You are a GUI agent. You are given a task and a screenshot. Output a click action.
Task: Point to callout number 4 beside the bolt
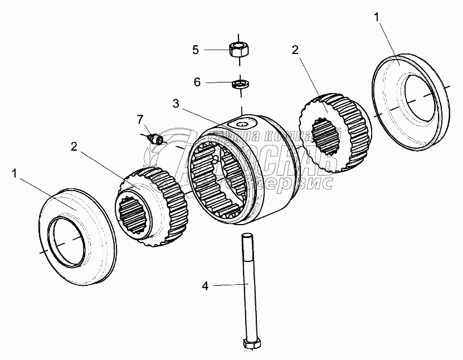[x=205, y=286]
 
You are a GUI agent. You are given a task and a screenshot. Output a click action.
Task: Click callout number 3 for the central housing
[x=176, y=104]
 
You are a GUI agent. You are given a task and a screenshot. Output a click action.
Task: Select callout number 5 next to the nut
[x=196, y=50]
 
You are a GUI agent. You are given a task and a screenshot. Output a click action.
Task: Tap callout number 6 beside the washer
[x=197, y=82]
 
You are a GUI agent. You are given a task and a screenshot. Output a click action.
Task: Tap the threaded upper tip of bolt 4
[x=245, y=238]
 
